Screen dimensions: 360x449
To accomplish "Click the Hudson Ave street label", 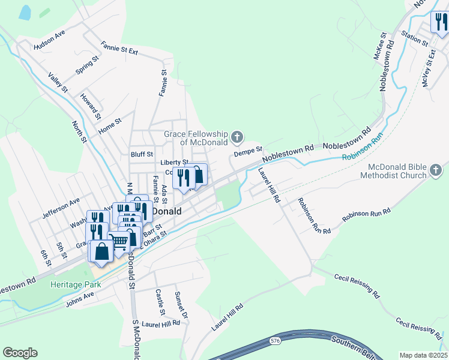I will (x=49, y=40).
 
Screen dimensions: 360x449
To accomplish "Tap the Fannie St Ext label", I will (x=119, y=48).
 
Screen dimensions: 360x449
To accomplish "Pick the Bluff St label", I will (x=142, y=154).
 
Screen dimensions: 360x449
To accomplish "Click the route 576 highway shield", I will (x=275, y=341).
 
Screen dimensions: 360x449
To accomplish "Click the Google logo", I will (x=20, y=353).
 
